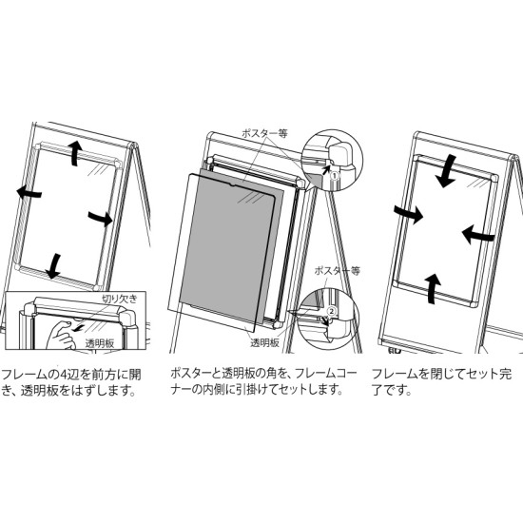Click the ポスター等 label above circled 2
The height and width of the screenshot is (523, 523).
click(x=337, y=271)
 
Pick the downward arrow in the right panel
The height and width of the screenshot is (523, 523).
click(x=444, y=171)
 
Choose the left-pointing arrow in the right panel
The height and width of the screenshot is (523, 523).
click(x=476, y=231)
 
